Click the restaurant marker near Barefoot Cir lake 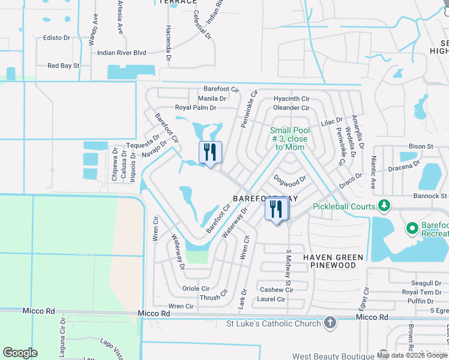209,152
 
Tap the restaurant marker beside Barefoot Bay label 277,209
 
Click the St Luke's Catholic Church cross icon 329,323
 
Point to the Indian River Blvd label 122,53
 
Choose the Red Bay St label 63,66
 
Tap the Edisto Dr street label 57,38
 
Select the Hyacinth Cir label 291,99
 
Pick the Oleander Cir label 291,108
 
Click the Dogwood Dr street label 290,179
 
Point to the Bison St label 421,146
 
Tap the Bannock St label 430,196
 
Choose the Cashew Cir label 276,290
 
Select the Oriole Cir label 196,289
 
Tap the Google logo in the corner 20,353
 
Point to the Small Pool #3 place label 290,139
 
